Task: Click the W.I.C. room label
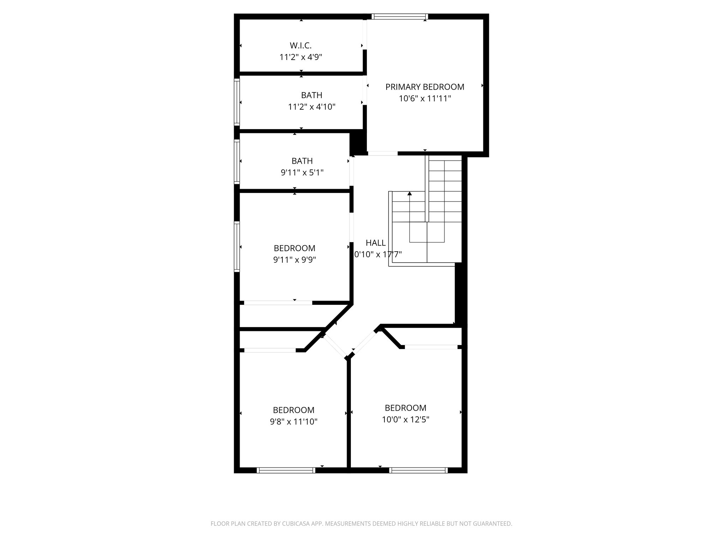(301, 46)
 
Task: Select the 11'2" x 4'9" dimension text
(301, 57)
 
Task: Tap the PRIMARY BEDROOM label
(425, 87)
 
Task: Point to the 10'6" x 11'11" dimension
(425, 98)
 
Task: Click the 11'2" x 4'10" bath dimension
(312, 107)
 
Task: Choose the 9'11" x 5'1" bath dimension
(302, 173)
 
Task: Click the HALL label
(376, 243)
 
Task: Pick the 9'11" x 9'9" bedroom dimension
(294, 260)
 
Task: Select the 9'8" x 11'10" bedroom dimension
(294, 422)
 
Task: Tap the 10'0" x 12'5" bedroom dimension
(406, 420)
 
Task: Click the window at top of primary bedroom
(400, 16)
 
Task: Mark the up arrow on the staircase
(410, 194)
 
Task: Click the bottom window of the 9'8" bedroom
(286, 470)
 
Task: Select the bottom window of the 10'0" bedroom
(418, 470)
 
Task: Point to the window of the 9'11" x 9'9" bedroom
(237, 246)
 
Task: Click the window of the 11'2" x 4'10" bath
(237, 102)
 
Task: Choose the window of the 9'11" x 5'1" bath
(237, 162)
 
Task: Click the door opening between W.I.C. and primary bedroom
(365, 35)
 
